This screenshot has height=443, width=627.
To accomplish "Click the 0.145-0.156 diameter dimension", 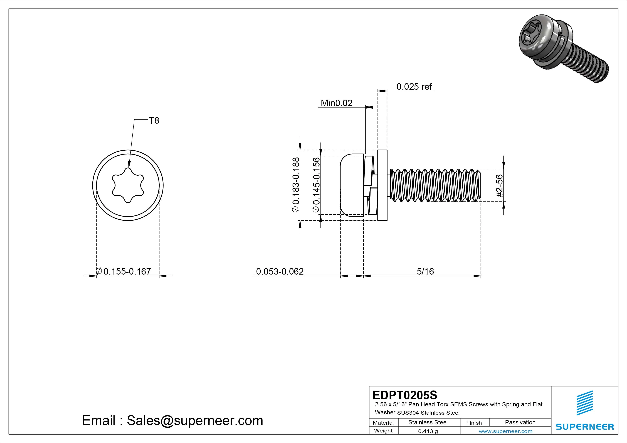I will click(x=316, y=185).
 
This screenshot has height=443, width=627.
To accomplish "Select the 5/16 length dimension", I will click(x=425, y=271).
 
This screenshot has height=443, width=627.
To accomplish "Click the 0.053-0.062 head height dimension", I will click(x=280, y=271).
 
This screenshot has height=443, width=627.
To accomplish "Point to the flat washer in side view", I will click(x=382, y=185).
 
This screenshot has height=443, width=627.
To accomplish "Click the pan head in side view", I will click(x=352, y=185).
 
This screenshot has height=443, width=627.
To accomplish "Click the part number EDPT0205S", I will click(x=405, y=395).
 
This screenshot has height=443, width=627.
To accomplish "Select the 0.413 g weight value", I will click(x=428, y=431).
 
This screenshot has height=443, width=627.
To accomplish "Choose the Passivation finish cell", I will click(x=520, y=422).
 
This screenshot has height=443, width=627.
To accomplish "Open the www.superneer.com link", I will click(x=505, y=431).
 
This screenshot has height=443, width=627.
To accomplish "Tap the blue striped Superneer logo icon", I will click(x=584, y=403).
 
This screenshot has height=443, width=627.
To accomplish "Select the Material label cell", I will click(x=383, y=423).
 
